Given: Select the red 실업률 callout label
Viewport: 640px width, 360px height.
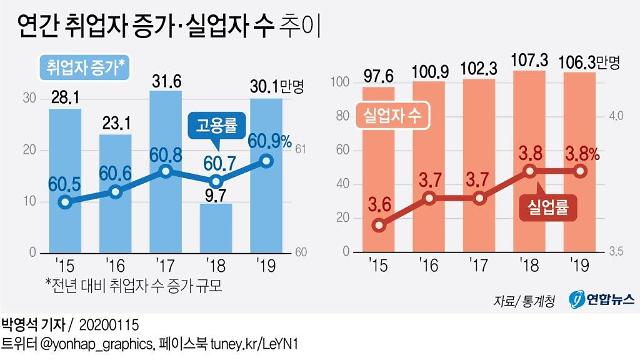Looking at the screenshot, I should pos(549,209).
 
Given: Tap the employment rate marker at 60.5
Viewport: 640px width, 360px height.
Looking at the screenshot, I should pos(65,202).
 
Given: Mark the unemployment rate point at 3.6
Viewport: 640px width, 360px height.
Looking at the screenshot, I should pos(378,225).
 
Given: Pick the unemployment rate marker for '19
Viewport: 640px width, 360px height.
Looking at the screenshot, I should pos(578,171).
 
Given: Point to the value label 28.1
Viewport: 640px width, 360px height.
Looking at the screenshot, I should pos(65,97).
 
